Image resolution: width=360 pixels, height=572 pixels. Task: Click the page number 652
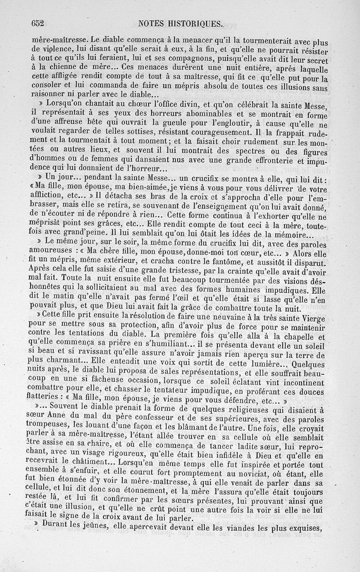[x=40, y=24]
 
